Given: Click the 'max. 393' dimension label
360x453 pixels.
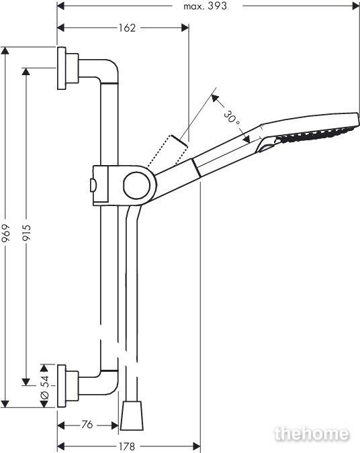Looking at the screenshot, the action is point(205,6).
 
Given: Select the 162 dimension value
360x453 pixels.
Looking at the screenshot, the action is point(127,28).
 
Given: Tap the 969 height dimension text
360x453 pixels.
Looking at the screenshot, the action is point(5,233).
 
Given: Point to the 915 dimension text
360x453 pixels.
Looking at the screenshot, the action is point(27,233).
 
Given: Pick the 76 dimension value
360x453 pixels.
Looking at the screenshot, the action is point(87,424).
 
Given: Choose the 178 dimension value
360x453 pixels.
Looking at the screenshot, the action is point(127,446).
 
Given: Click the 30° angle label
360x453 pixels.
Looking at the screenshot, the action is point(232,117).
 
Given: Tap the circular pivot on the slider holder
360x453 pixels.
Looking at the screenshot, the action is point(137,186).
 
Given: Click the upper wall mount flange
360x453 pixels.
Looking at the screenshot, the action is point(61,68).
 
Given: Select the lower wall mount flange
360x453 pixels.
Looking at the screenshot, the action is point(61,386).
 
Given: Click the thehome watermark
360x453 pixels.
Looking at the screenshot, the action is point(312,434).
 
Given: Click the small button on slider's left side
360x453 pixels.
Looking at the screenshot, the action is point(93,185).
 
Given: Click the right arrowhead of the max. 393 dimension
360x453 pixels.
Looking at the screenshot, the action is point(356,6).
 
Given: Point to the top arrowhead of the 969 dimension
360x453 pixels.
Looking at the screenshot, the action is point(5,50).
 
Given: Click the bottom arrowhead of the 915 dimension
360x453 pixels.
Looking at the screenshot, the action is point(26,382).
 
